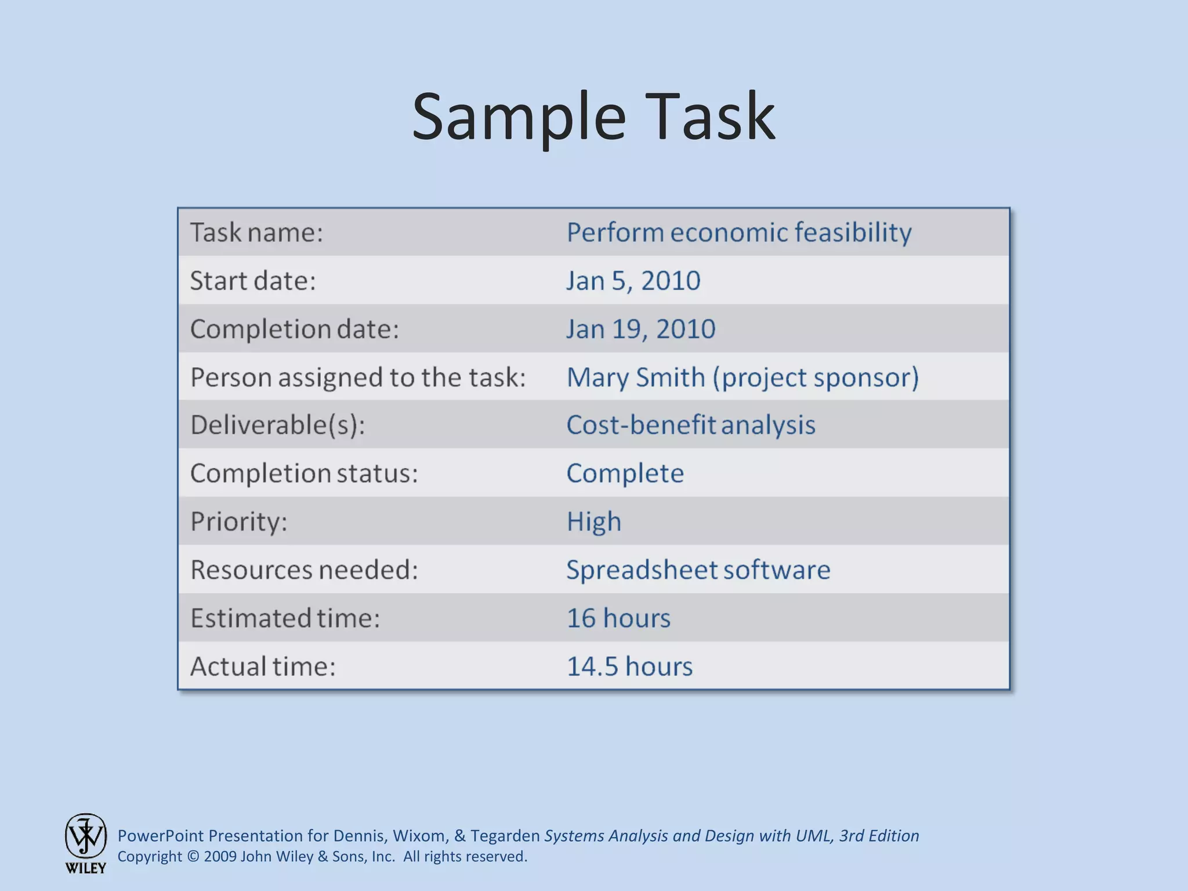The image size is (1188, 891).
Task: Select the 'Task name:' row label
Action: coord(256,233)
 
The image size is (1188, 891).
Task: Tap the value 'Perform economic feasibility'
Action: coord(738,233)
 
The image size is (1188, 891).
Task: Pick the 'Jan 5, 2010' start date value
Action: coord(633,281)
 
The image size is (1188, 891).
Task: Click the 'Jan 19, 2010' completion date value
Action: coord(640,329)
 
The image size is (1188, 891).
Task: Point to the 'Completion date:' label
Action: coord(295,329)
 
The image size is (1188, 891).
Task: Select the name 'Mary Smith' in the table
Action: coord(635,377)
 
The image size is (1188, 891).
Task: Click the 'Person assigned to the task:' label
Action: coord(358,377)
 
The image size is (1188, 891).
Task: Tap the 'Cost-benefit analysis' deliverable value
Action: coord(690,425)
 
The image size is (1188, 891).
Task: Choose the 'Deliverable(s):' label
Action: coord(277,425)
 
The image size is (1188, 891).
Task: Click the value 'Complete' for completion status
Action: coord(625,473)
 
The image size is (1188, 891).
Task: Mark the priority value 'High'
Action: coord(593,521)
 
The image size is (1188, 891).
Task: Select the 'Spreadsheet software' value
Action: coord(698,570)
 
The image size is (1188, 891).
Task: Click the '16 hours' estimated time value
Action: coord(618,618)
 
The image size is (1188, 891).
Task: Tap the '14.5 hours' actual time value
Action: coord(629,666)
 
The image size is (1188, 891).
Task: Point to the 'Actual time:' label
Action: coord(263,666)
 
